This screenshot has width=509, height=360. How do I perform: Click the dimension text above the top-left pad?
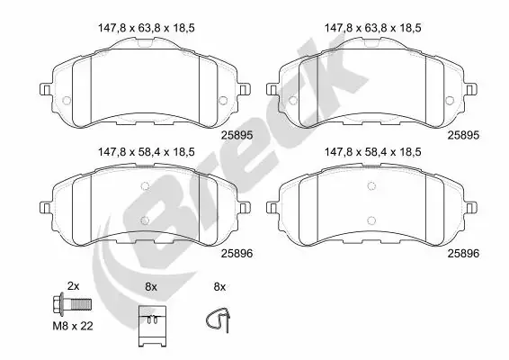point(146,28)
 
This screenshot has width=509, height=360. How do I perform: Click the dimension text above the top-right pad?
point(372,28)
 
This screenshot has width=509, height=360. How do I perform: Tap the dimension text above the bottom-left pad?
point(146,152)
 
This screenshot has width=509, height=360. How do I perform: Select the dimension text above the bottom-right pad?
point(372,152)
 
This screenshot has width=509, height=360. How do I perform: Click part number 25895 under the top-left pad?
point(237,135)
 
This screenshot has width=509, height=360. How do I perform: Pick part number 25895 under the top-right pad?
point(463,135)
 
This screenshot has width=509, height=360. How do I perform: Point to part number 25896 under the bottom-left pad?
point(237,254)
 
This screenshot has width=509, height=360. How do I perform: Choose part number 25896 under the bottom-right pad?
point(463,254)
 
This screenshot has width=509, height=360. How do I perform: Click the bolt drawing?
point(72,304)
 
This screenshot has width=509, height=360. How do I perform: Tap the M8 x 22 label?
point(73,326)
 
